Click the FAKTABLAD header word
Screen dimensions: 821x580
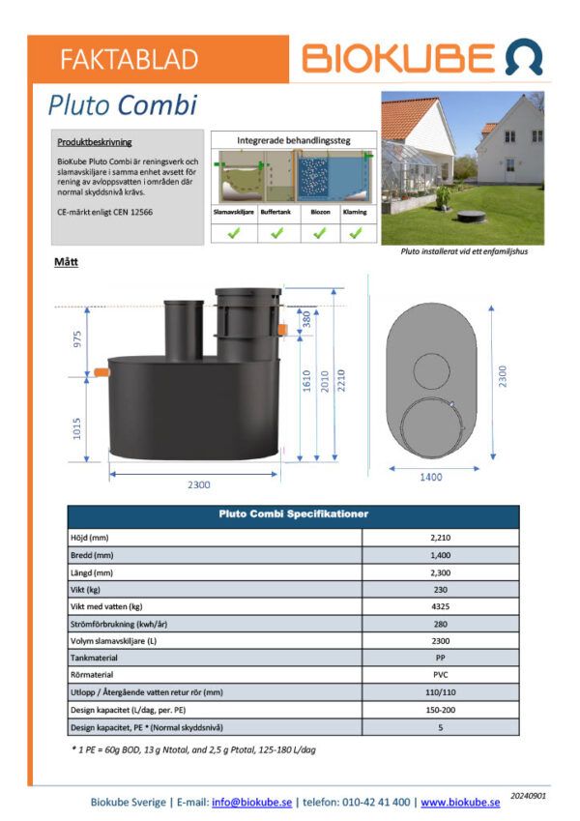pos(129,59)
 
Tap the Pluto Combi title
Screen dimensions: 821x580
pos(122,104)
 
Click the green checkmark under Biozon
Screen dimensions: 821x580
pos(319,233)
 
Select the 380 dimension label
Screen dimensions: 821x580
pos(306,319)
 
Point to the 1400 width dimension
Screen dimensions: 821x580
pos(430,477)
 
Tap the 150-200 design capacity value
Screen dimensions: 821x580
pos(440,709)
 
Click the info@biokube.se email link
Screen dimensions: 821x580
pos(252,802)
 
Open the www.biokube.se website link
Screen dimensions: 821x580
pos(459,802)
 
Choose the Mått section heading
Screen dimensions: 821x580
pos(68,261)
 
